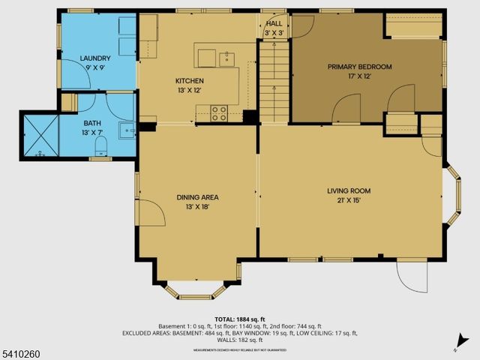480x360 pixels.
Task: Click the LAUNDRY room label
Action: (95, 58)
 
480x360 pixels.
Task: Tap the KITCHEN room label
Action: (190, 81)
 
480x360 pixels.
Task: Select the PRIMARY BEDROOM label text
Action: (359, 67)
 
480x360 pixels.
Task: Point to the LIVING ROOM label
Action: (349, 191)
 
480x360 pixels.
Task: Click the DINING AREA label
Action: (197, 197)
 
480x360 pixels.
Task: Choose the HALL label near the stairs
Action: (274, 24)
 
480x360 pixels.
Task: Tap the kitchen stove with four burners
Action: (220, 113)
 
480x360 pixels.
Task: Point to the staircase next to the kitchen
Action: (274, 82)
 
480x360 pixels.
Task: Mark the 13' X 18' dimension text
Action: (197, 207)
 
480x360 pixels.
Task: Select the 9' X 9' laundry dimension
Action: (95, 67)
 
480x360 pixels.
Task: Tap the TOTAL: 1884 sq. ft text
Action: (239, 318)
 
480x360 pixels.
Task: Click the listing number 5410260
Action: (20, 352)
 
